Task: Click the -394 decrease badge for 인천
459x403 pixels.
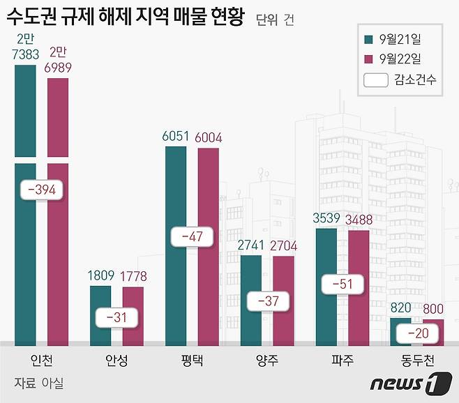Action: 43,190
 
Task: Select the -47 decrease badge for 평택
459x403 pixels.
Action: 192,236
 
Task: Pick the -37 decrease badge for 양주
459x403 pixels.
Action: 268,301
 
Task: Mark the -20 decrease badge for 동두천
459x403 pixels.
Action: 417,334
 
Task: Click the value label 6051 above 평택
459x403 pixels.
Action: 176,137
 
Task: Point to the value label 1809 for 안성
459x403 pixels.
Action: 101,277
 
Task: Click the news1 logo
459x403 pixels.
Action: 407,382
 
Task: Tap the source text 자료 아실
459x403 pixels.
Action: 39,383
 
